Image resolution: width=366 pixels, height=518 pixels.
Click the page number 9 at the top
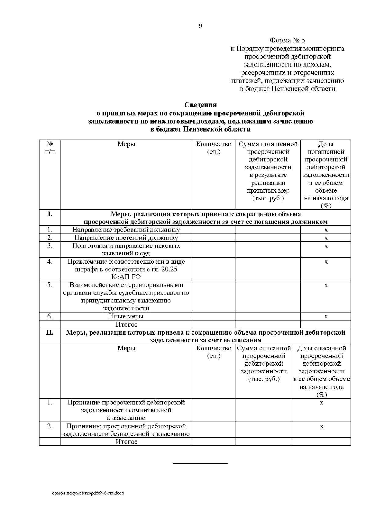tap(200, 26)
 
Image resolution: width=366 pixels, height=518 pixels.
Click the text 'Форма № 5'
tap(287, 40)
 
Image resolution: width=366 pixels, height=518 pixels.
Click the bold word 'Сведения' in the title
tap(200, 105)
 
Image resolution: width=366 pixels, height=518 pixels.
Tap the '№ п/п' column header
tap(50, 148)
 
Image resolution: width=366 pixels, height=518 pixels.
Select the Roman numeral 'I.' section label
tap(50, 214)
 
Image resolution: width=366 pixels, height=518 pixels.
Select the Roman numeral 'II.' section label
tap(50, 332)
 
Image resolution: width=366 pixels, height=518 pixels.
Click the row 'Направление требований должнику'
tap(126, 230)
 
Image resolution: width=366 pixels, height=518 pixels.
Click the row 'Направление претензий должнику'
tap(126, 237)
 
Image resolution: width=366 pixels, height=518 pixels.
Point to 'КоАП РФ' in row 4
tap(126, 277)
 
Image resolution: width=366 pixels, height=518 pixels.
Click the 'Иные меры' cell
tap(126, 316)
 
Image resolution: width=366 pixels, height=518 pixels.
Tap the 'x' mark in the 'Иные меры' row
tap(326, 317)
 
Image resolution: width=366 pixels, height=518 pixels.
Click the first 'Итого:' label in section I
tap(126, 324)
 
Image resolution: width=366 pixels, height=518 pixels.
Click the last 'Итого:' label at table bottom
tap(126, 442)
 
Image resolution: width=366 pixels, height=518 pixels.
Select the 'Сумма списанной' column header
tap(264, 348)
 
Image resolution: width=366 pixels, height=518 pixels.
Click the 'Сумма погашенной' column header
tap(268, 144)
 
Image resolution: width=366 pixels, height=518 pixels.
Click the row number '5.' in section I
tap(50, 285)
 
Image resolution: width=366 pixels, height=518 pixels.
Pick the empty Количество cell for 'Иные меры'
tap(213, 316)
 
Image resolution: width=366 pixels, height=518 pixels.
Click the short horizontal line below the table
tap(200, 463)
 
